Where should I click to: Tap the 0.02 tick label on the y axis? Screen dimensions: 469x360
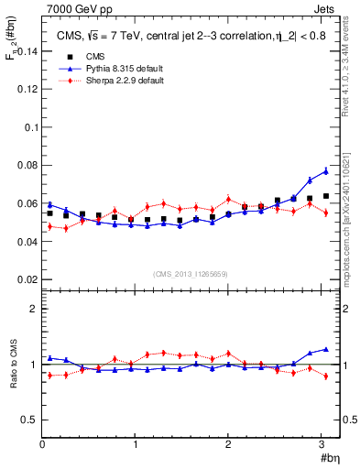[x=26, y=279]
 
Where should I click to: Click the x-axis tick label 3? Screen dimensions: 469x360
[x=322, y=444]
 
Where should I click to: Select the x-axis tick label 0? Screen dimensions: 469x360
[x=42, y=444]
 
